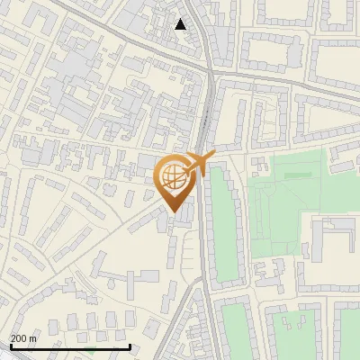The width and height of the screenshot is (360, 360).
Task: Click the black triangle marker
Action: (181, 24)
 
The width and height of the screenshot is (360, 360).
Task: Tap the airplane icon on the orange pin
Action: (198, 165)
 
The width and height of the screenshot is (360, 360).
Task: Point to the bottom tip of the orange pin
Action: (174, 211)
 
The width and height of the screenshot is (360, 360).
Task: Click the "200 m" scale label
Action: (23, 337)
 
